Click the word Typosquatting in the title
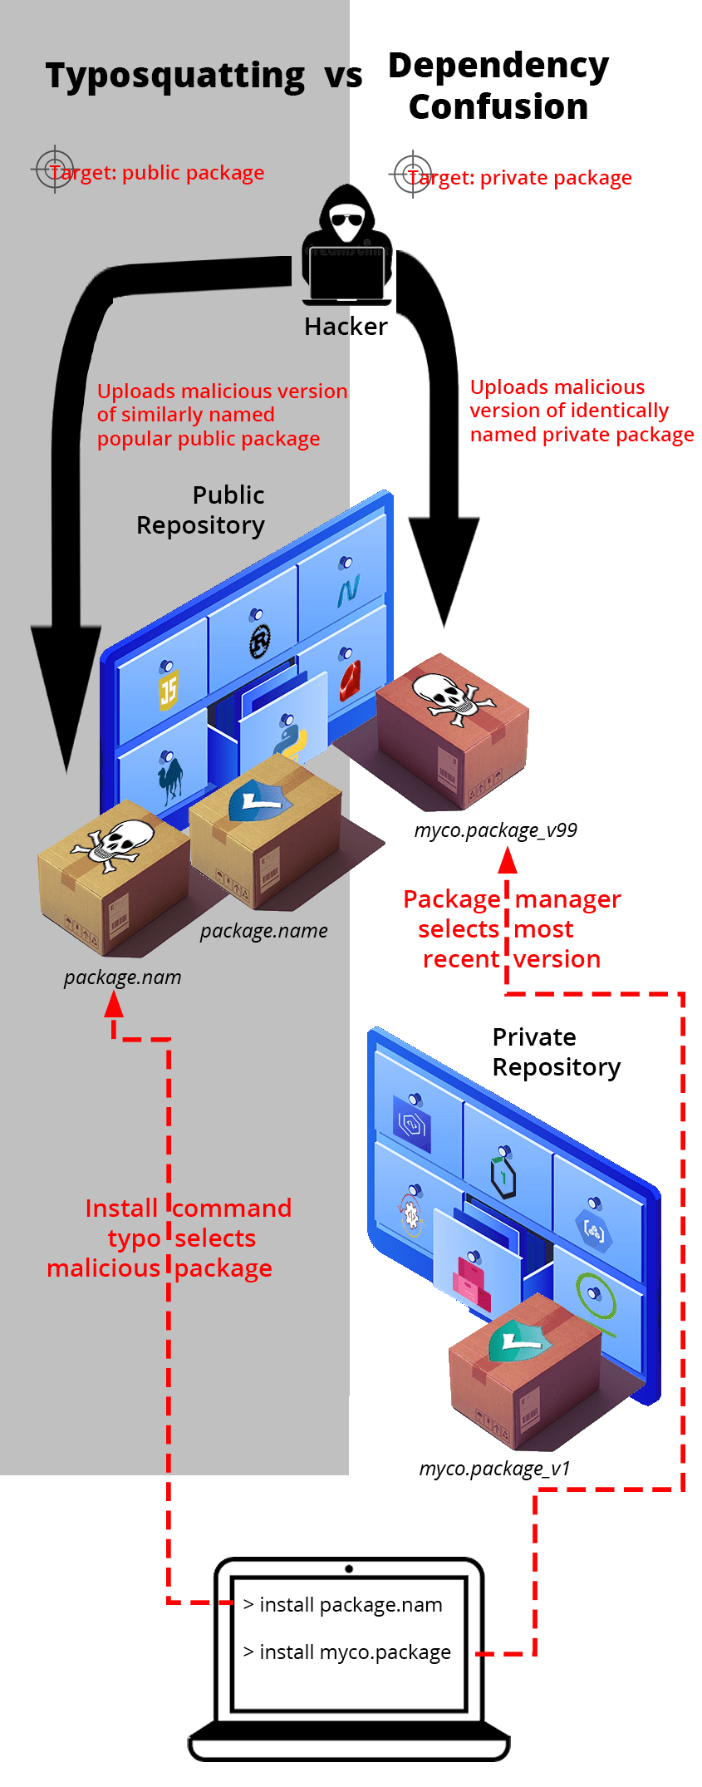[x=175, y=76]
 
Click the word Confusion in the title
[x=498, y=107]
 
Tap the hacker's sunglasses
[x=346, y=220]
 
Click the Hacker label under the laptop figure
[x=346, y=327]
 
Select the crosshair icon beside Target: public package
[x=55, y=170]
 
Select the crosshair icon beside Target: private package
[x=412, y=175]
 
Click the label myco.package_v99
[x=495, y=830]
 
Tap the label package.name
[x=263, y=931]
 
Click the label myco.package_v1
[x=494, y=1469]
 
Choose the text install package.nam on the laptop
[x=350, y=1605]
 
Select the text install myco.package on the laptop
[x=355, y=1652]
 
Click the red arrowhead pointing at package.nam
[x=114, y=1005]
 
